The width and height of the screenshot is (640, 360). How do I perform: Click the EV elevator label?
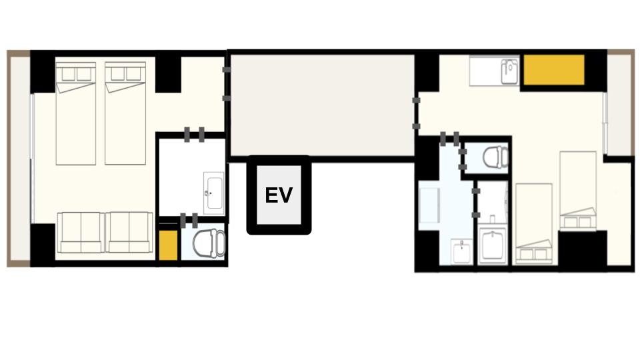(279, 195)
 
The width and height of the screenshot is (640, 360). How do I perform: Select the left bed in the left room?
(76, 113)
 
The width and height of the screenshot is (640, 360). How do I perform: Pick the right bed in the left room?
(125, 113)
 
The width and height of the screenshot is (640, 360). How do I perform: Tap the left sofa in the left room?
(80, 233)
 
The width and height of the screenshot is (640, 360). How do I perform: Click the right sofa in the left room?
(129, 233)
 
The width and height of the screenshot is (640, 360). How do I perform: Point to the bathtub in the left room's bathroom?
(213, 193)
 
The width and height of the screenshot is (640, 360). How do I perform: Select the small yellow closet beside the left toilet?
(168, 245)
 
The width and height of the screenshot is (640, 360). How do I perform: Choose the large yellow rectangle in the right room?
(554, 70)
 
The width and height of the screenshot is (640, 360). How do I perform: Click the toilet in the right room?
(495, 157)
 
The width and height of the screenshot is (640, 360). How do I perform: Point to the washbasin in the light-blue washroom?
(461, 251)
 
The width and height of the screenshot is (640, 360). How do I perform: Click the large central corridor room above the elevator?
(323, 105)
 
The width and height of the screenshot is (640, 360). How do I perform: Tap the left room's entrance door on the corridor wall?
(227, 84)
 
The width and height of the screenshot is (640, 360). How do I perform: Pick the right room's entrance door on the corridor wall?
(416, 113)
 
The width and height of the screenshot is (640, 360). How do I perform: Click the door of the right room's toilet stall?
(463, 159)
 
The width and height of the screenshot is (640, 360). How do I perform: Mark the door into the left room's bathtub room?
(194, 135)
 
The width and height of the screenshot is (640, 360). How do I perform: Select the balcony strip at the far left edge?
(19, 159)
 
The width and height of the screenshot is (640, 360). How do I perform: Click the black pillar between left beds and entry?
(168, 74)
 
